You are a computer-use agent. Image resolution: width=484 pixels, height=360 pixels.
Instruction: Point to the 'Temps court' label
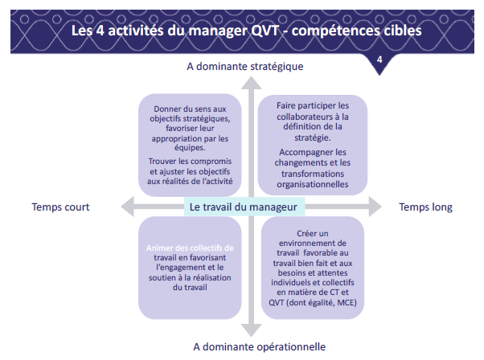[60, 207]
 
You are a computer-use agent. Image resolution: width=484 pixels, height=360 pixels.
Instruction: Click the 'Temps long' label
[426, 207]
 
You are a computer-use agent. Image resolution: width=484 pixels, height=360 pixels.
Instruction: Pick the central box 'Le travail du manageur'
[244, 207]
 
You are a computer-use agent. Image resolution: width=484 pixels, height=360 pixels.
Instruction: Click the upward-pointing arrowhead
[252, 82]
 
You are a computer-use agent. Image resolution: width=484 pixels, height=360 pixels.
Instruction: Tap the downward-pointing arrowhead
[252, 329]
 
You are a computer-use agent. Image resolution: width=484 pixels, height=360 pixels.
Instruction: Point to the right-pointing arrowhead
[375, 207]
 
